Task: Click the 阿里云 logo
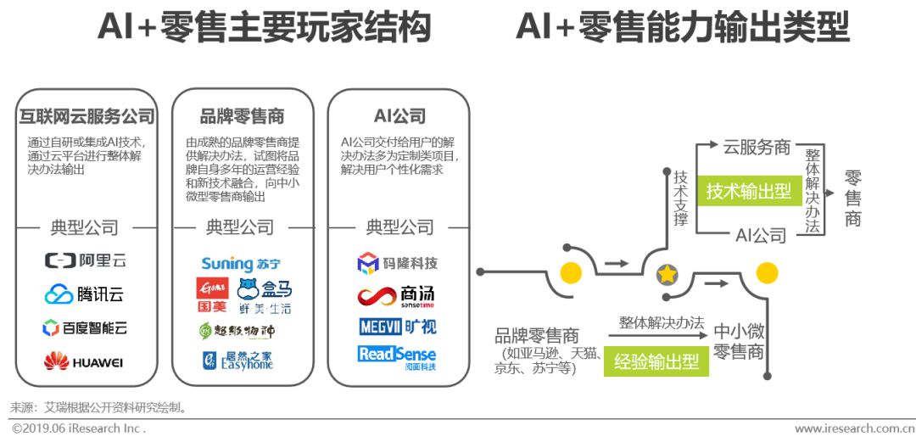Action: click(85, 260)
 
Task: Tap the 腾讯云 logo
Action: click(85, 294)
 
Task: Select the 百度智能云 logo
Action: click(85, 327)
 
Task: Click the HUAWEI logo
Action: click(85, 362)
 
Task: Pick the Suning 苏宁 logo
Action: click(242, 263)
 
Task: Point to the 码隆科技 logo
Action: click(397, 263)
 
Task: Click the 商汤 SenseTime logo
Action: click(396, 296)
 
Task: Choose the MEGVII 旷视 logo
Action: click(397, 327)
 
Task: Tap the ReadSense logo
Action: click(397, 355)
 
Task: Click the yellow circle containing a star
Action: click(667, 274)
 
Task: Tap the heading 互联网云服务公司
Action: click(87, 116)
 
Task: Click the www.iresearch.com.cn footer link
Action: click(852, 429)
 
